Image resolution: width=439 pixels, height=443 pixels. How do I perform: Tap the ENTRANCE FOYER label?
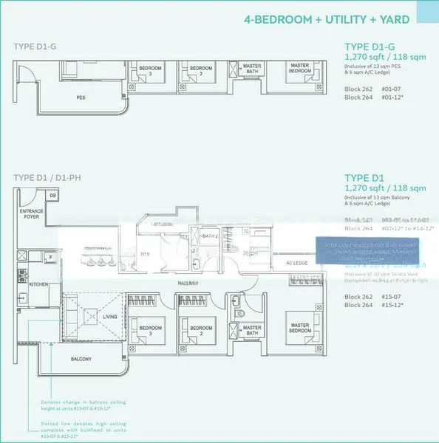click(x=31, y=214)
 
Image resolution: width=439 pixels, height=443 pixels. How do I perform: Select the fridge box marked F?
click(x=48, y=257)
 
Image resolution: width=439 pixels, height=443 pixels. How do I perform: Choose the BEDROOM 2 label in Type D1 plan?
click(x=200, y=330)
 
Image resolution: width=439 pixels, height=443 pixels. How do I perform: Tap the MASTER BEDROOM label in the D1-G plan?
click(x=299, y=68)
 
